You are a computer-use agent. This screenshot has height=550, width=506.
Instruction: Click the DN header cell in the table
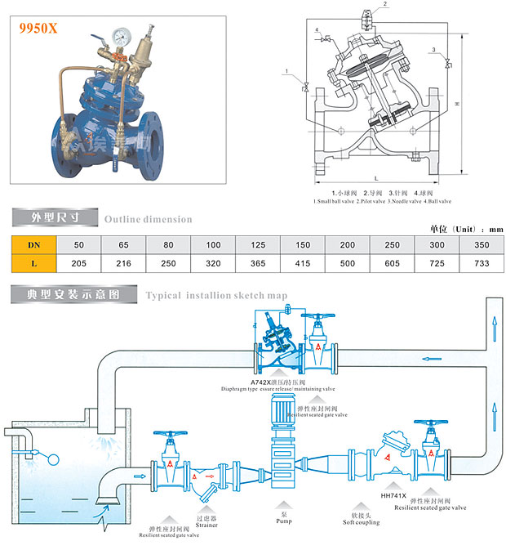pyautogui.click(x=33, y=244)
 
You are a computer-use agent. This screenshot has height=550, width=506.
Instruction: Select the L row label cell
pyautogui.click(x=33, y=263)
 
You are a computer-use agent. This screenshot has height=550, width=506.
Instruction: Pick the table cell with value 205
pyautogui.click(x=79, y=263)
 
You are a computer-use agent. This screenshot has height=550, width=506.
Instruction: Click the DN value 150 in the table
pyautogui.click(x=304, y=244)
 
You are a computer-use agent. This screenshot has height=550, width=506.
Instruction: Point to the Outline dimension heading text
pyautogui.click(x=148, y=219)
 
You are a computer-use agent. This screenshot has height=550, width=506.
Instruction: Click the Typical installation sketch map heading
pyautogui.click(x=216, y=295)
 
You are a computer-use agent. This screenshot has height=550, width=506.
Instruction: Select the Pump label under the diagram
pyautogui.click(x=284, y=521)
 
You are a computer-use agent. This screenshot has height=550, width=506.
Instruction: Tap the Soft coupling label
pyautogui.click(x=361, y=521)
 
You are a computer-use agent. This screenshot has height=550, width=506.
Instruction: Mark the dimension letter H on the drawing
pyautogui.click(x=457, y=103)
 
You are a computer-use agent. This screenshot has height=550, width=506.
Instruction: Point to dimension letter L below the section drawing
pyautogui.click(x=374, y=177)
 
